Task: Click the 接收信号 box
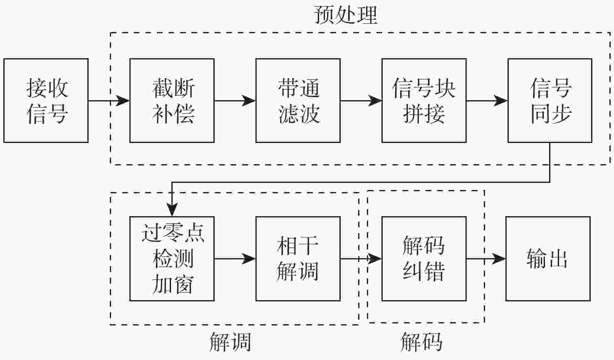coord(46,101)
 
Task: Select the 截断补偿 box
coord(172,101)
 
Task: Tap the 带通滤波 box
coord(298,101)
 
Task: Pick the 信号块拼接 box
coord(424,101)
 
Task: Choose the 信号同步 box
coord(550,101)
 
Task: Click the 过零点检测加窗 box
coord(172,259)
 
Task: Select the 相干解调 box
coord(298,259)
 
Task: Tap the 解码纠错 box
coord(424,259)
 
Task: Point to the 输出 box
coord(548,259)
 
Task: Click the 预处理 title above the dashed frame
coord(345,15)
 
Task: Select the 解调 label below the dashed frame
coord(230,342)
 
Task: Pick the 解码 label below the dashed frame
coord(421,342)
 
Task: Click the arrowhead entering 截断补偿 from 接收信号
coord(123,101)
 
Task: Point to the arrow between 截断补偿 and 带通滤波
coord(235,101)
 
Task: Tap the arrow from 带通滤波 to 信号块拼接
coord(361,101)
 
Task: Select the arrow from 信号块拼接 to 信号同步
coord(487,101)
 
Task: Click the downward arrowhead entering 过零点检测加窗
coord(172,210)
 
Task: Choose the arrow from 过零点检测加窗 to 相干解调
coord(235,259)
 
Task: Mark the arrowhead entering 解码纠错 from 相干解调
coord(375,259)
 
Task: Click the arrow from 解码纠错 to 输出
coord(486,259)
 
